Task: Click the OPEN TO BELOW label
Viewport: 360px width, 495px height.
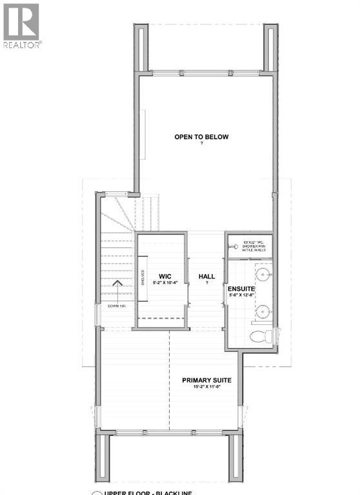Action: point(201,137)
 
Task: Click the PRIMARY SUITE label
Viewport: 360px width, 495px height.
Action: point(206,380)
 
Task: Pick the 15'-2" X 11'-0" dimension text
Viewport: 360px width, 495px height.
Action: point(206,388)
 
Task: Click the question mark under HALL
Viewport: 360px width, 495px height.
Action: point(206,283)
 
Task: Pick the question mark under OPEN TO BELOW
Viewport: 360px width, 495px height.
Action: point(201,144)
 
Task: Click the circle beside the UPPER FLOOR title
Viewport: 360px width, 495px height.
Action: point(97,493)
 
